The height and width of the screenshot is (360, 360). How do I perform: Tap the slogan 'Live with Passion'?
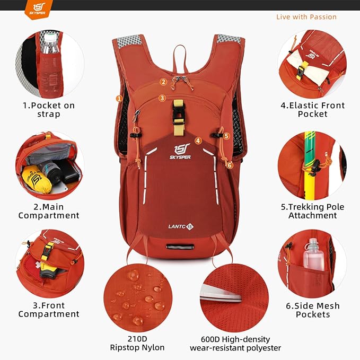click(x=306, y=17)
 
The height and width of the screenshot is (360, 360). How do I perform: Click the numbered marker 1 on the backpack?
click(x=119, y=98)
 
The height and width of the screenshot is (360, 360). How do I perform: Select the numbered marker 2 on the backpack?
click(x=163, y=82)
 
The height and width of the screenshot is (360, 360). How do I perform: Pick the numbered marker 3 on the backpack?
click(x=162, y=98)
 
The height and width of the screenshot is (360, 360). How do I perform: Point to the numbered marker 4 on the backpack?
click(x=198, y=141)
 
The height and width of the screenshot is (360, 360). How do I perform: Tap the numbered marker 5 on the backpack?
click(x=226, y=136)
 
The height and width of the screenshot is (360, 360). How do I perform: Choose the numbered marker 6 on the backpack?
click(x=230, y=165)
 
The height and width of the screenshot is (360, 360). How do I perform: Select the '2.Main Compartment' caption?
click(x=49, y=211)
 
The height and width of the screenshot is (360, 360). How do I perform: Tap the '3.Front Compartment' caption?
click(x=49, y=310)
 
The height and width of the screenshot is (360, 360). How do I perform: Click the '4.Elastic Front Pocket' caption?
click(x=312, y=109)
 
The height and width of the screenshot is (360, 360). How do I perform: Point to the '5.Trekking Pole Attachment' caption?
click(x=312, y=211)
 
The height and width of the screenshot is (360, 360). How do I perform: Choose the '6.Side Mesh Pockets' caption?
click(x=312, y=310)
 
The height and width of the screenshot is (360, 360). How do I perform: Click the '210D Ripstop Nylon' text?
click(x=137, y=343)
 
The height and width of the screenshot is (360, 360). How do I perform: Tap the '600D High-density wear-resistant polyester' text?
click(x=235, y=343)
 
